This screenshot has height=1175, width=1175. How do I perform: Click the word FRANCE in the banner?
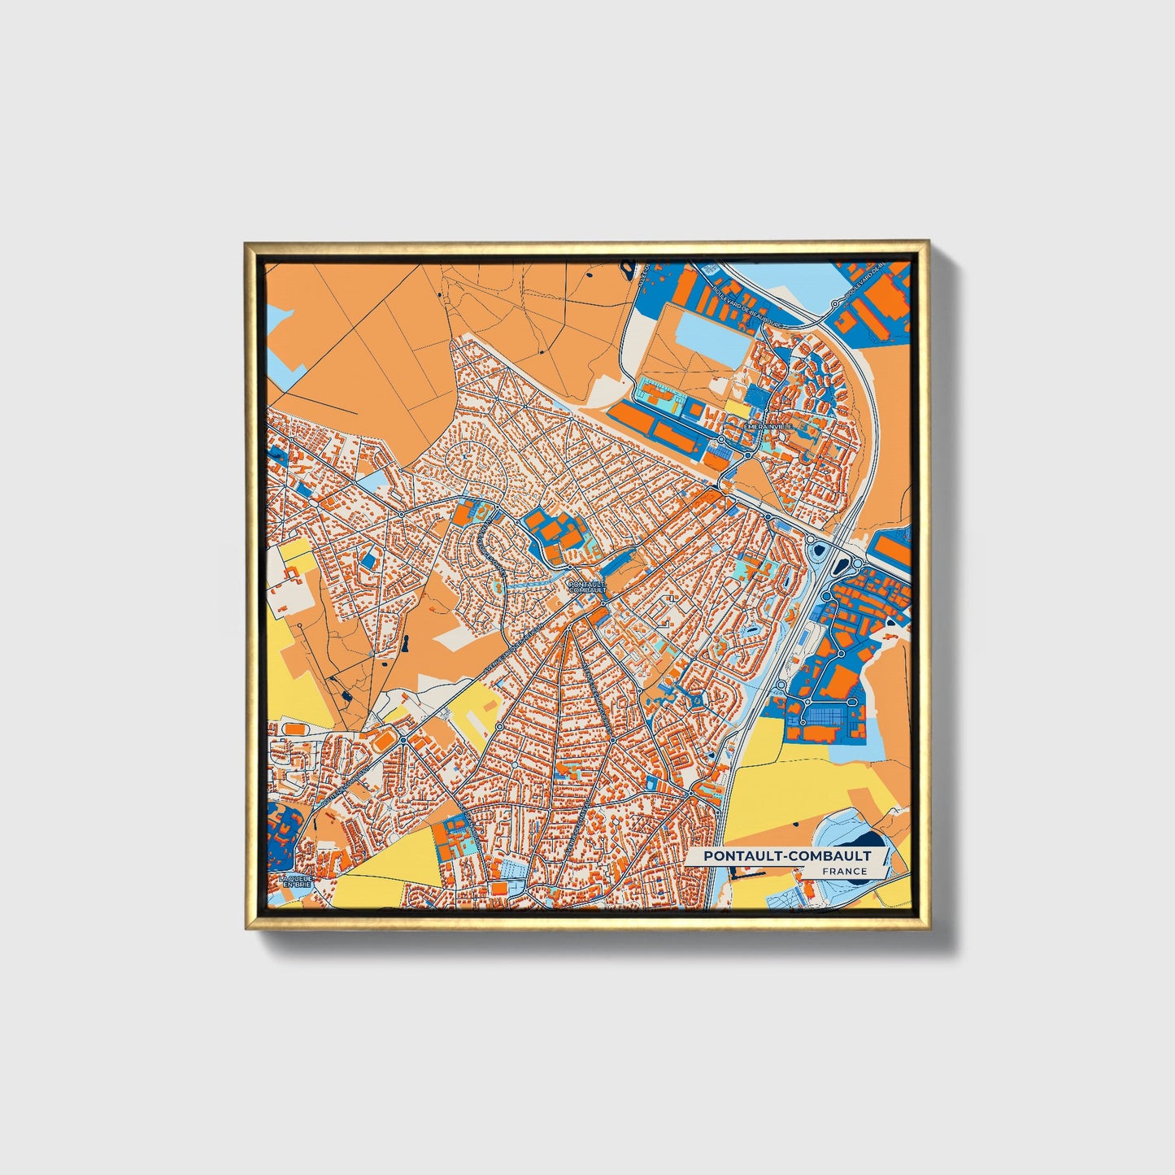(x=844, y=871)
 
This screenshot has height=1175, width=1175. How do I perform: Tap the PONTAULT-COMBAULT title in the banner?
(x=787, y=855)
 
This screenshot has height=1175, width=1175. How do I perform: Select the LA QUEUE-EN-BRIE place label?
(x=294, y=882)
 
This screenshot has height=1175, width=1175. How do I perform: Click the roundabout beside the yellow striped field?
(x=498, y=725)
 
